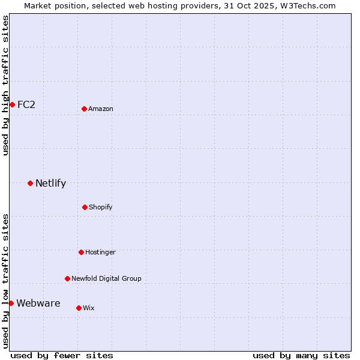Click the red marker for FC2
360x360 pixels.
click(x=12, y=104)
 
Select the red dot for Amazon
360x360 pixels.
click(x=84, y=109)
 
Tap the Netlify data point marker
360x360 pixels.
click(x=30, y=183)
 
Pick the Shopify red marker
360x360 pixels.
click(x=85, y=207)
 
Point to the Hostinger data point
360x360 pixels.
click(x=81, y=252)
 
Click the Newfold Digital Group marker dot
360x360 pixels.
click(x=67, y=278)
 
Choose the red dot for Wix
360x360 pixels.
click(x=79, y=308)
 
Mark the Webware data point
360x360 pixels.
click(x=11, y=303)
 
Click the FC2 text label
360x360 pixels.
click(x=26, y=104)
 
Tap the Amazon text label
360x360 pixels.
click(x=101, y=109)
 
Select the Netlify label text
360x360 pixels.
click(x=50, y=183)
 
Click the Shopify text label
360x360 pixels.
click(x=101, y=207)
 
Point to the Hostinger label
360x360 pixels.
click(x=100, y=252)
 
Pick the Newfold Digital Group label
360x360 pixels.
click(x=106, y=278)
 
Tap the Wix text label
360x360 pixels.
click(x=89, y=308)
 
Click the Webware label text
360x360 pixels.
click(x=38, y=303)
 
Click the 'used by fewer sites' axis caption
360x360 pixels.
click(x=62, y=355)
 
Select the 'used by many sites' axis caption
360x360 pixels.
click(x=301, y=355)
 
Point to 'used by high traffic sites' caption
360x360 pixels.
click(x=5, y=85)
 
